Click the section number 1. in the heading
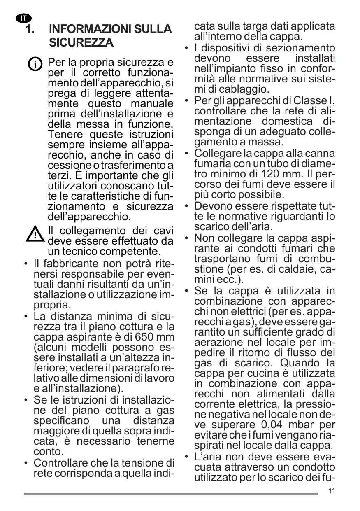pos(30,30)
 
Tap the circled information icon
pos(36,64)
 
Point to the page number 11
pos(332,491)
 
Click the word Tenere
pos(64,134)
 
